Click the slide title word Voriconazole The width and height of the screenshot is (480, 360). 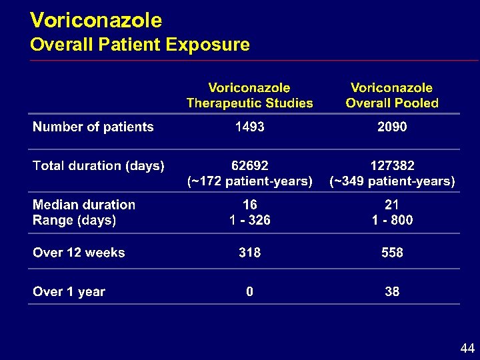[x=96, y=21]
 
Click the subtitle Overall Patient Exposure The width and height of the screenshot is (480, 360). [x=140, y=45]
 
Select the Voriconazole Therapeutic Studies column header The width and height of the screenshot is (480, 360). [x=249, y=95]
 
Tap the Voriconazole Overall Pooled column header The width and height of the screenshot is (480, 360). [x=392, y=95]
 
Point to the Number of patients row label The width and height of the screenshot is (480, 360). [x=93, y=127]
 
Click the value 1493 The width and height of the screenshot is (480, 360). [x=249, y=127]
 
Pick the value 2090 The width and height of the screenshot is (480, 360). [x=392, y=127]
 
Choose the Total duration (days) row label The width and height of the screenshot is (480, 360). [x=99, y=166]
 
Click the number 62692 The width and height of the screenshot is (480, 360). [x=249, y=166]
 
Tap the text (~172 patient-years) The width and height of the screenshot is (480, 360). [x=249, y=181]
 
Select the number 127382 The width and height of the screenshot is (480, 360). [x=392, y=166]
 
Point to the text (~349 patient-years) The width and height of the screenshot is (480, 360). [x=392, y=181]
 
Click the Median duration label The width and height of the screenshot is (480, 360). [x=84, y=205]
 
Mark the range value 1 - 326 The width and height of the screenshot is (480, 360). [x=249, y=220]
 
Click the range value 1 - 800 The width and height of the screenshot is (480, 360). [x=392, y=220]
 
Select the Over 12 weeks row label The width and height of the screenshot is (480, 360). [x=79, y=253]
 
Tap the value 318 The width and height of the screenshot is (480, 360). [x=249, y=253]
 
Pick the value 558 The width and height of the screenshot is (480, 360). [x=392, y=253]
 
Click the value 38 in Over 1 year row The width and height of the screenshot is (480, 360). [x=392, y=291]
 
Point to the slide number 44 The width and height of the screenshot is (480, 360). [x=467, y=349]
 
